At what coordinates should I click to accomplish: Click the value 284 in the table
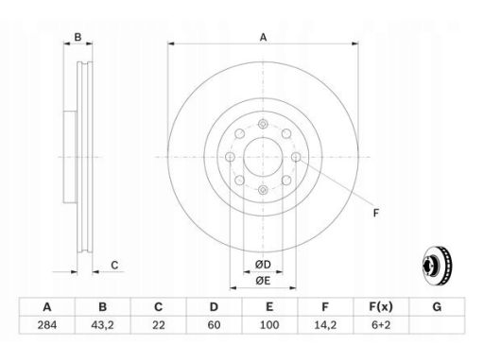click(x=47, y=325)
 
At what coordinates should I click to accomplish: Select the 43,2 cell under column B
click(x=102, y=325)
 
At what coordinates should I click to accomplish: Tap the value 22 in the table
click(x=158, y=325)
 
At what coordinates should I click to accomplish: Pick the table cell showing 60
click(x=214, y=325)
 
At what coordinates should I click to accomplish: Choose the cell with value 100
click(x=269, y=325)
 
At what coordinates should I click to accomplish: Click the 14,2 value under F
click(x=325, y=325)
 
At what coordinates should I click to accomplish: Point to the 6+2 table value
click(x=381, y=325)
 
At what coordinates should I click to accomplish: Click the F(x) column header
click(x=381, y=306)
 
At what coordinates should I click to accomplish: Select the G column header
click(x=437, y=306)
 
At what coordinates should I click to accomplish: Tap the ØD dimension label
click(x=263, y=265)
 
